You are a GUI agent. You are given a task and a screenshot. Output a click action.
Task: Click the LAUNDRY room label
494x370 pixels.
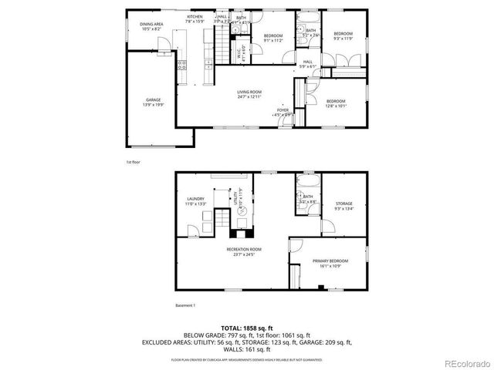click(x=195, y=200)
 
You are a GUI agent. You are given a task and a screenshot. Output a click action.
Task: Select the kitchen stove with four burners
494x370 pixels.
click(x=181, y=64)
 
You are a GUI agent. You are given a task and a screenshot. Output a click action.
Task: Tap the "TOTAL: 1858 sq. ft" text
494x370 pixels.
click(x=246, y=328)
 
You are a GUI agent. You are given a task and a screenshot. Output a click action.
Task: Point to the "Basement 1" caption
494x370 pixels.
click(x=185, y=306)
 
